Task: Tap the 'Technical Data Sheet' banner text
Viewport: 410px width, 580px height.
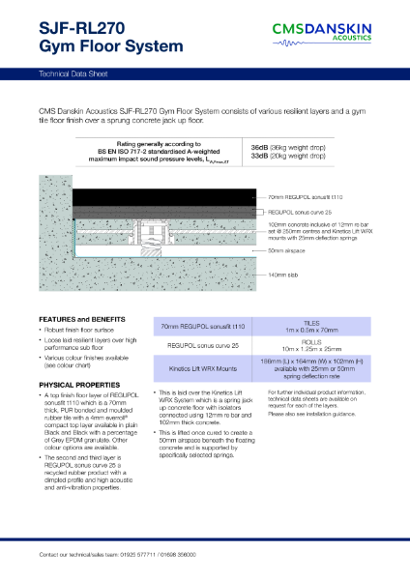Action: click(71, 73)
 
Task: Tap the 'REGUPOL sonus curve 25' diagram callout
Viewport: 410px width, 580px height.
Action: click(303, 210)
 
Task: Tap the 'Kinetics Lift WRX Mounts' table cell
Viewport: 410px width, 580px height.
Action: click(203, 368)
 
